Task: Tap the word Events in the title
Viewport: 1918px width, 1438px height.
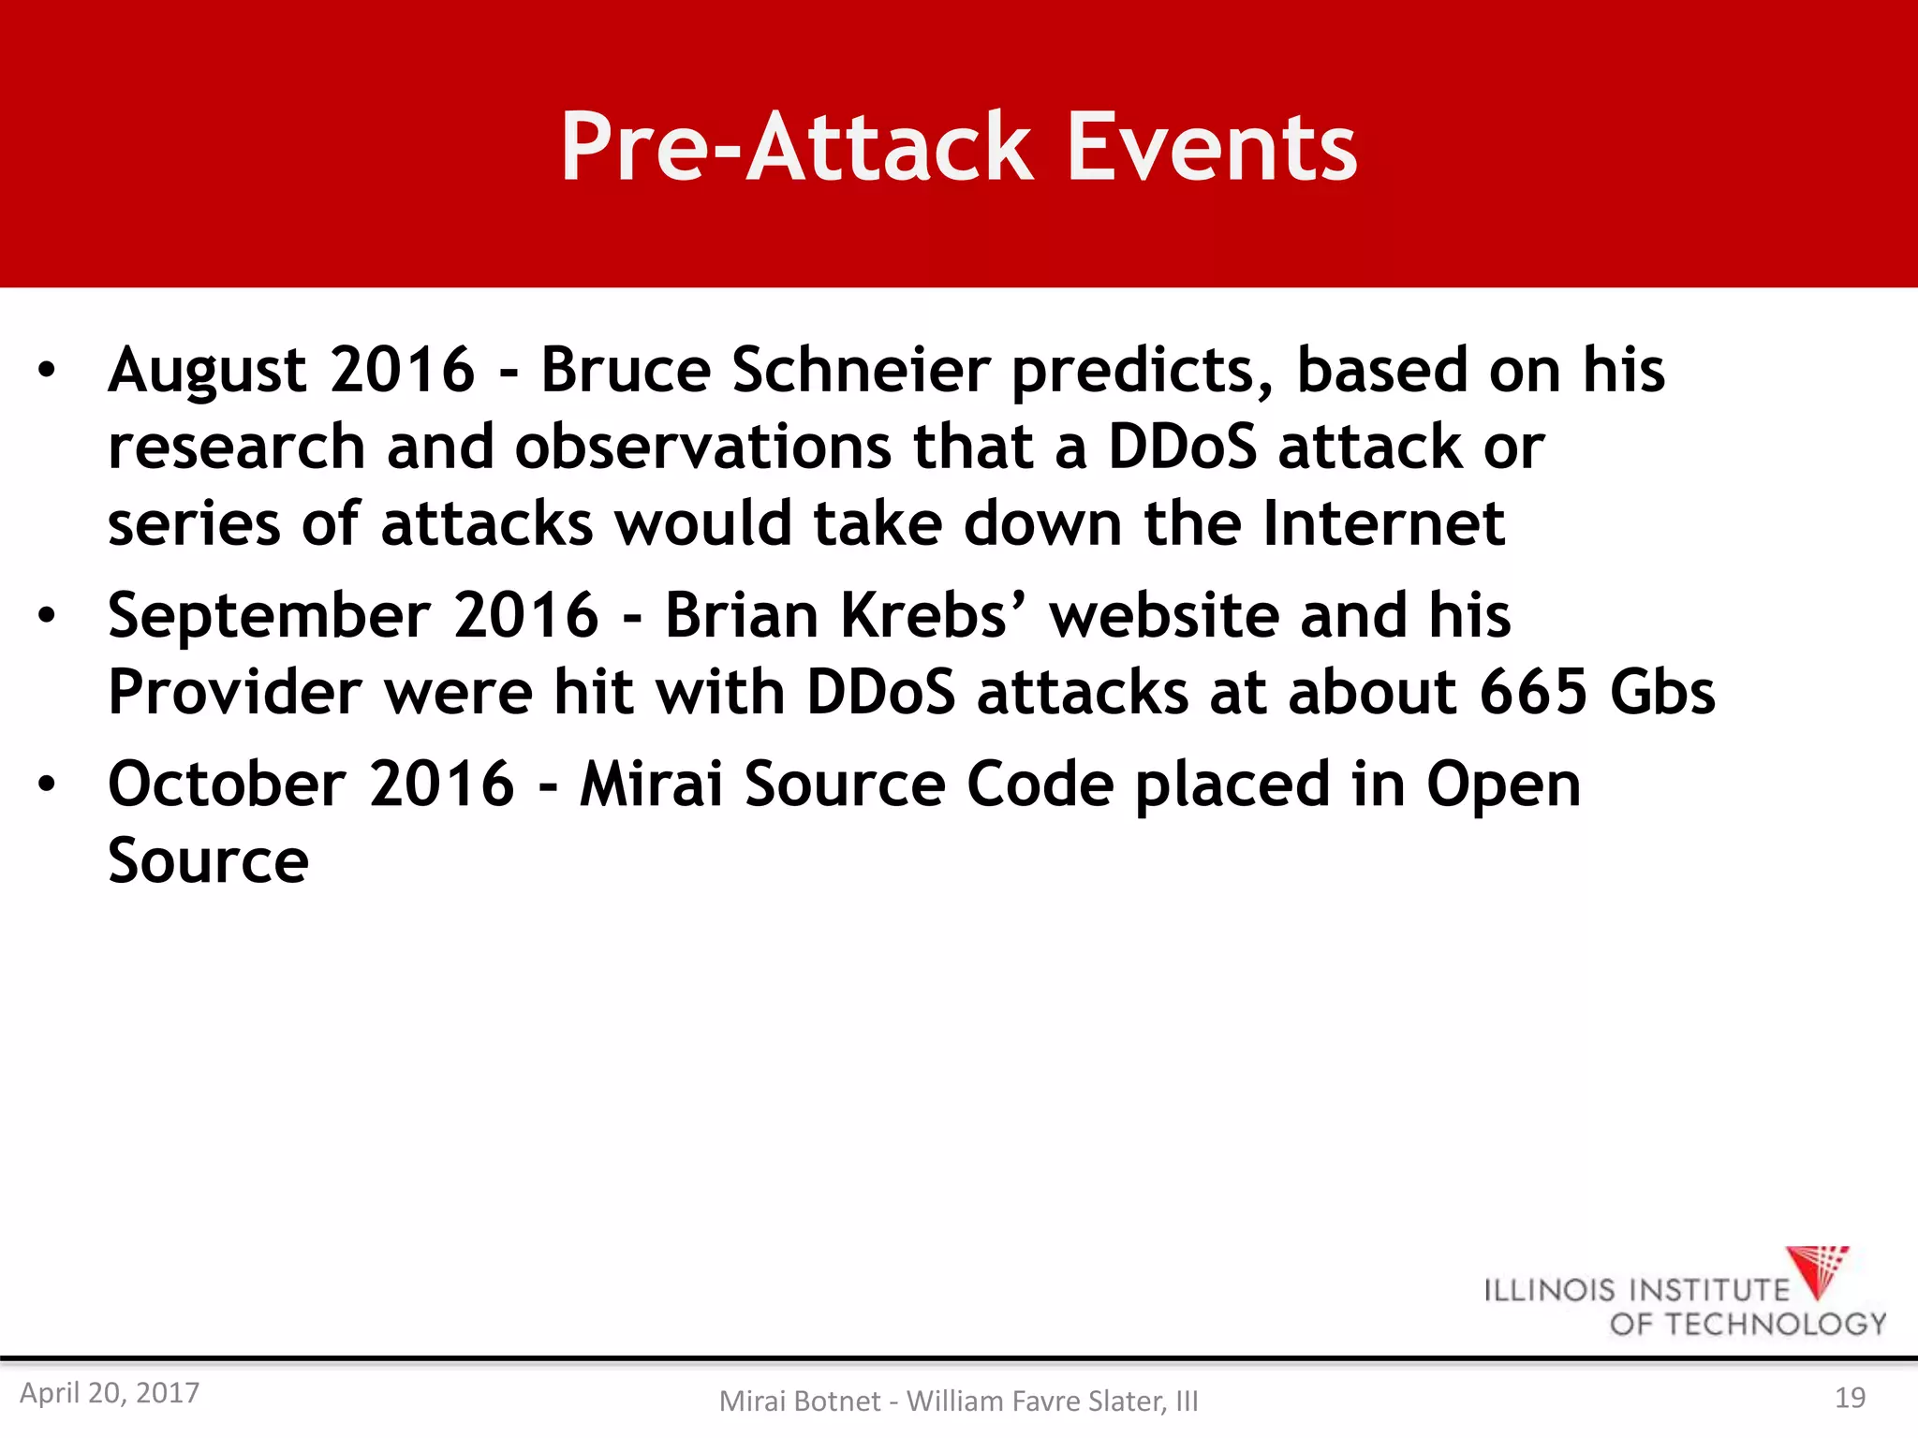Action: [x=1211, y=147]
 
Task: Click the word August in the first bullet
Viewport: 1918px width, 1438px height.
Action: [x=207, y=371]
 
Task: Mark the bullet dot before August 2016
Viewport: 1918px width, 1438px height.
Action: [x=47, y=371]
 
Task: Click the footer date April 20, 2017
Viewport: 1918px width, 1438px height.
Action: [x=110, y=1393]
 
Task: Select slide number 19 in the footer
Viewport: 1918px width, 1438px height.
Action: [x=1850, y=1398]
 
